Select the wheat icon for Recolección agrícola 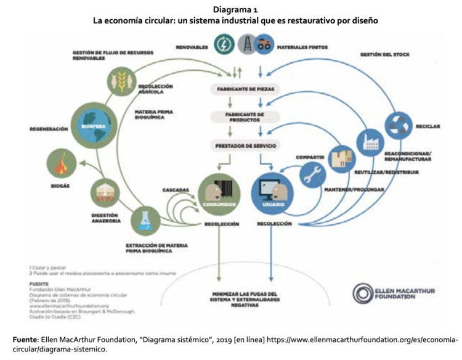coord(121,81)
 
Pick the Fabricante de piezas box coord(248,89)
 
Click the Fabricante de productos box coord(248,117)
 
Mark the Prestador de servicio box coord(248,145)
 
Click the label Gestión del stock coord(384,55)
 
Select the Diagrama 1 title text coord(231,10)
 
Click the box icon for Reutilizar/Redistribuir coord(342,160)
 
